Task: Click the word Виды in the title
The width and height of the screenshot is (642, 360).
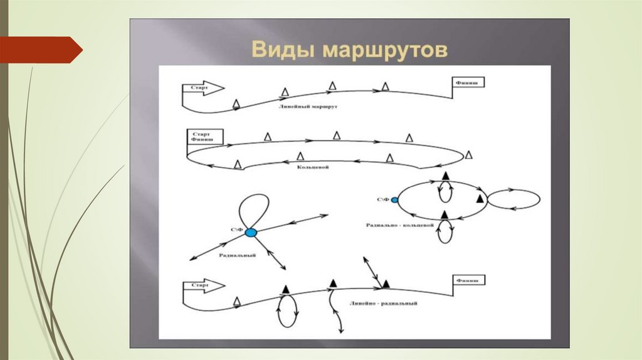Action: (x=282, y=50)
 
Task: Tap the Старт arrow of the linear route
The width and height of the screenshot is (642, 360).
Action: (x=202, y=88)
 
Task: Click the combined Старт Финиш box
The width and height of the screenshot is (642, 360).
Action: (x=199, y=137)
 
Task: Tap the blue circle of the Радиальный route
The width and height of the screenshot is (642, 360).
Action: (x=251, y=233)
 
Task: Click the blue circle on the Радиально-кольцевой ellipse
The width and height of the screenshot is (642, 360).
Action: (x=394, y=200)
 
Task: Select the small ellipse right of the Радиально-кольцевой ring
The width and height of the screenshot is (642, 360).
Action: (x=513, y=199)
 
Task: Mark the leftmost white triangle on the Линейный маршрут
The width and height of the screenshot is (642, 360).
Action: (x=236, y=103)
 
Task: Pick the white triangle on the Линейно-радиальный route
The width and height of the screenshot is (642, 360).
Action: (x=237, y=302)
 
